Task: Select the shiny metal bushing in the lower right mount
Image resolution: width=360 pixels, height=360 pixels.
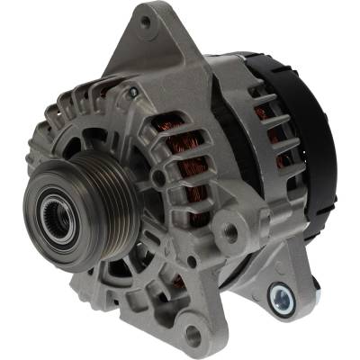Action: tap(281, 293)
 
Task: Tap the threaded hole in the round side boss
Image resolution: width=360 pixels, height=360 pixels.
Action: tap(230, 233)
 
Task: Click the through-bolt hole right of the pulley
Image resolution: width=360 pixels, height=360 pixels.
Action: tap(159, 177)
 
